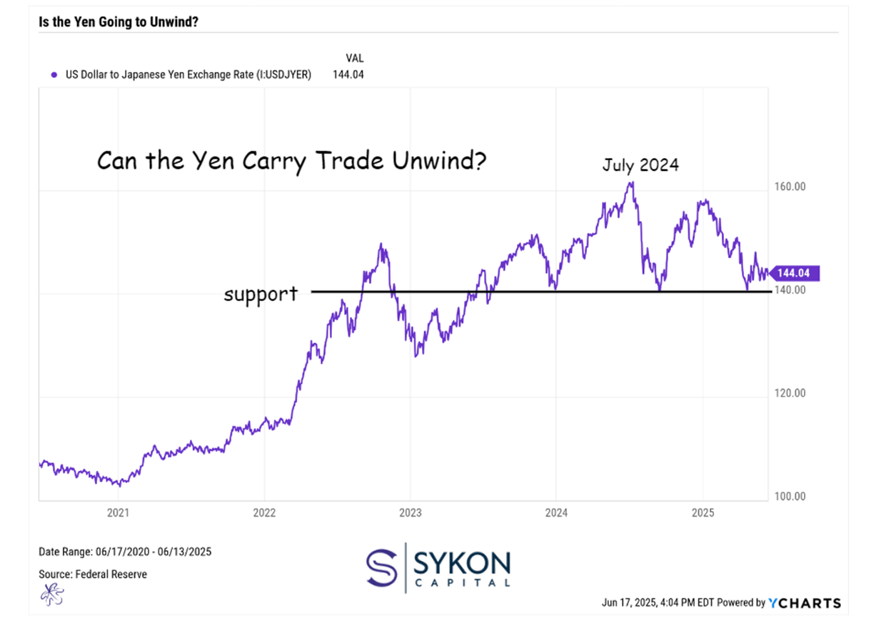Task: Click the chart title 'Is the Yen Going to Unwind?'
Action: click(118, 22)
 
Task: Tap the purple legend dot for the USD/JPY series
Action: click(54, 74)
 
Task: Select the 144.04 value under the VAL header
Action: click(348, 74)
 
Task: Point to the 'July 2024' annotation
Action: click(640, 164)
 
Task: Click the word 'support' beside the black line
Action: click(261, 293)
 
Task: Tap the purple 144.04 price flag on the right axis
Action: click(798, 273)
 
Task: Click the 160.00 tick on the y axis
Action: click(790, 187)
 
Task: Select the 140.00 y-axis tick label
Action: click(790, 290)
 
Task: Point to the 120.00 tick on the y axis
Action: click(790, 393)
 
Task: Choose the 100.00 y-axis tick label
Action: click(790, 496)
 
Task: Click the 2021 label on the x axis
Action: click(118, 512)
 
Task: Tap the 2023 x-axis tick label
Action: click(411, 512)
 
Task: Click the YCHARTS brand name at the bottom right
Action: click(805, 603)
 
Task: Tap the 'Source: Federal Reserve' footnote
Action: click(93, 574)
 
